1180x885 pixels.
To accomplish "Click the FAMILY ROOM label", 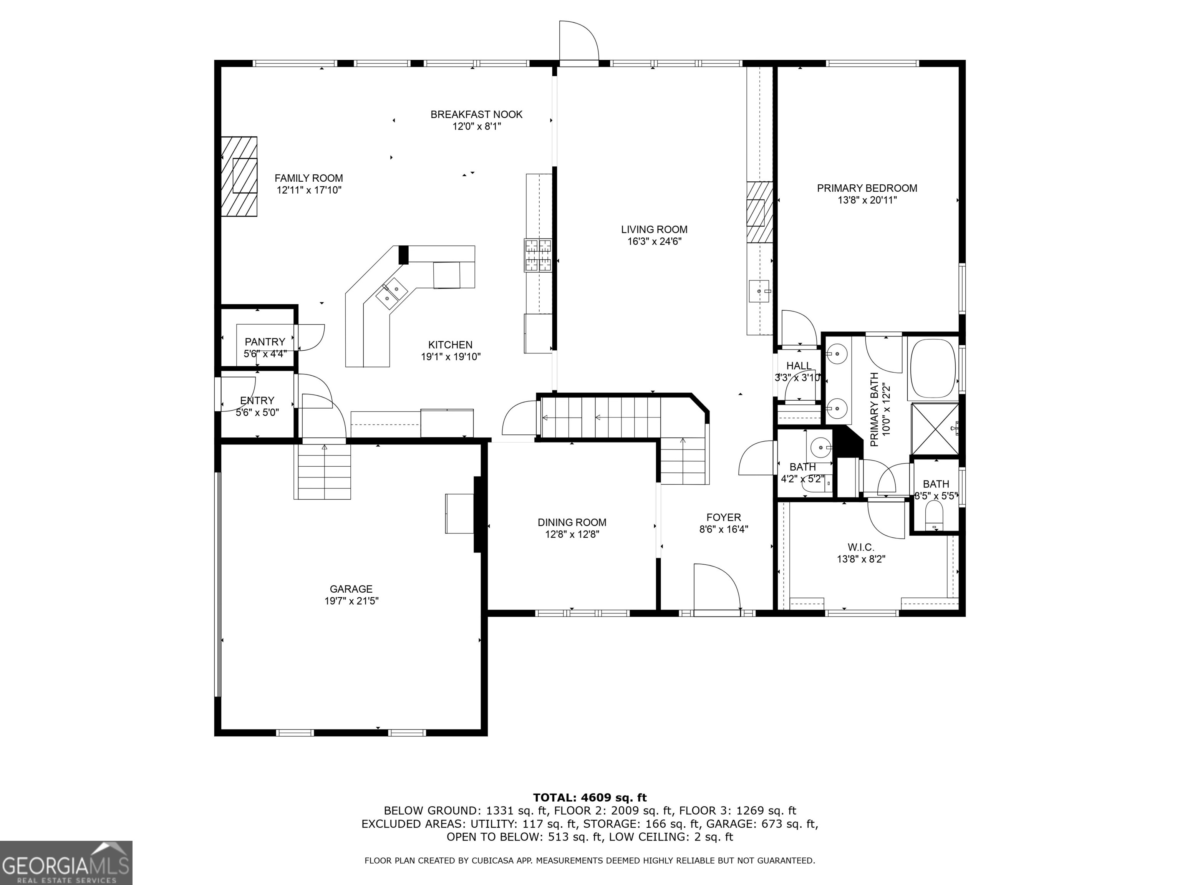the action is (308, 178).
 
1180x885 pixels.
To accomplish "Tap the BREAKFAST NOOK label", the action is (476, 114).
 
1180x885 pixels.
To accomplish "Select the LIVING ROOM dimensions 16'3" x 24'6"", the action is (654, 241).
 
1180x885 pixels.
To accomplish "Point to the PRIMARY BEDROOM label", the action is (867, 188).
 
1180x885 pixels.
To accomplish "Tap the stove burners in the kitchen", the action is (538, 255).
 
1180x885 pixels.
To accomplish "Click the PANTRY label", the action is (265, 342).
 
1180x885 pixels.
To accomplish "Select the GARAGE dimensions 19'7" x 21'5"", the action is (351, 601).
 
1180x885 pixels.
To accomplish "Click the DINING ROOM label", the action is (572, 522).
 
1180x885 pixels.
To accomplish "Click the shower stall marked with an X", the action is (934, 429).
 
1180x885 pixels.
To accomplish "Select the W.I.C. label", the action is (861, 547).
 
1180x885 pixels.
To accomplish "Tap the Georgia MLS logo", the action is (66, 863).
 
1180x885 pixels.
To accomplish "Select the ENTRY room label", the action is (257, 401).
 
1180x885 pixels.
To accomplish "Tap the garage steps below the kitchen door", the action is (322, 472).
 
